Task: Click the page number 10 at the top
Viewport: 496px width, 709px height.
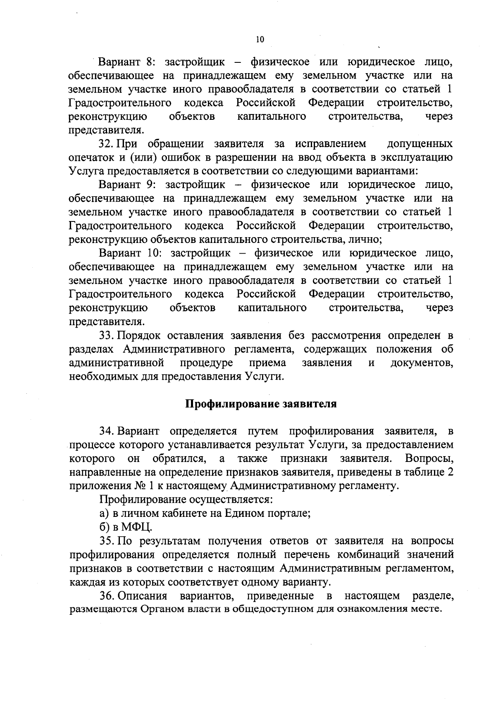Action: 260,40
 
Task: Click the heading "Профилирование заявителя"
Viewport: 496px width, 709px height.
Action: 260,404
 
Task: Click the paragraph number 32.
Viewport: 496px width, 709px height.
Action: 106,144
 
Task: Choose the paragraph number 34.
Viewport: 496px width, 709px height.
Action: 106,431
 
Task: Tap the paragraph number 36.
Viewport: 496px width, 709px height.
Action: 106,595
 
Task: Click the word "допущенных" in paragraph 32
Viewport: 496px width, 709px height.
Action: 419,144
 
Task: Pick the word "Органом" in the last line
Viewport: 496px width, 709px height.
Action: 162,609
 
